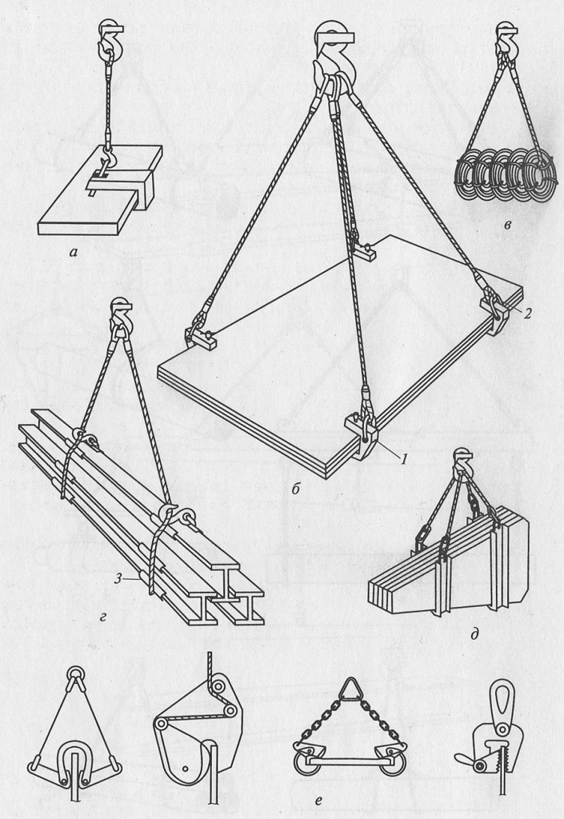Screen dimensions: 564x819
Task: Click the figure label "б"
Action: [x=295, y=489]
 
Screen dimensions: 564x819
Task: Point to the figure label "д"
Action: [x=474, y=634]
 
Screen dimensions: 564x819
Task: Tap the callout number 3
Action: [x=119, y=577]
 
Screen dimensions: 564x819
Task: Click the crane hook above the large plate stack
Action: [x=334, y=58]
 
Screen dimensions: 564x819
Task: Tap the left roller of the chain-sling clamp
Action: [x=302, y=766]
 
